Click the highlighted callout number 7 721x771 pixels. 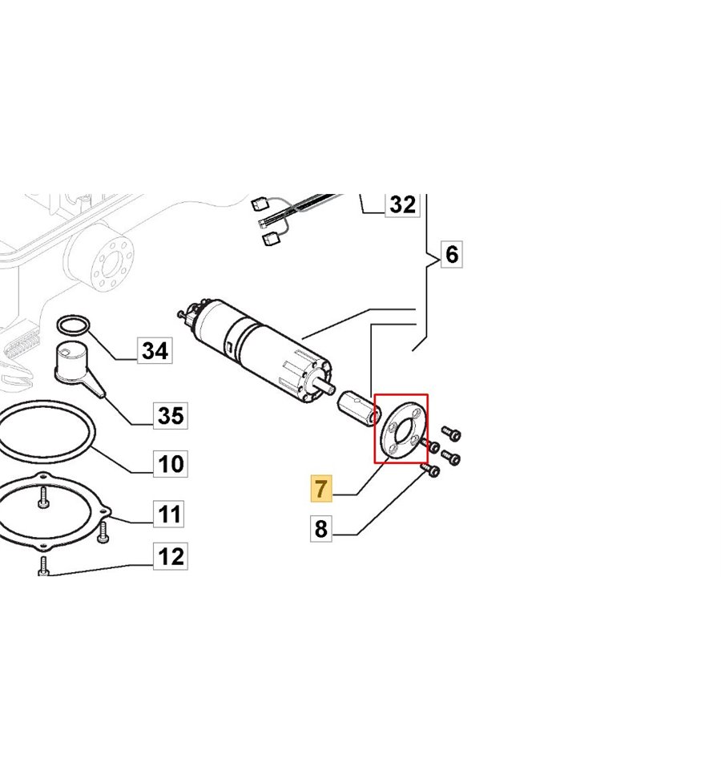(x=321, y=488)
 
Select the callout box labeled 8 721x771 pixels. (x=321, y=529)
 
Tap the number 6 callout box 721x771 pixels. (x=452, y=254)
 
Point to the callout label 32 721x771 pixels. (x=402, y=204)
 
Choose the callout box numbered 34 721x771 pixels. (x=155, y=350)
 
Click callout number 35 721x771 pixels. (x=171, y=415)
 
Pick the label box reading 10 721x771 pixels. (x=171, y=464)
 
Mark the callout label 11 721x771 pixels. (x=168, y=514)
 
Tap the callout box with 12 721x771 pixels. (x=171, y=557)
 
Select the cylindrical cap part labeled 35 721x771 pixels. (x=74, y=364)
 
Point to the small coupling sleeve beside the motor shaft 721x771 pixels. (x=356, y=407)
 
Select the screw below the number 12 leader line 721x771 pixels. (x=43, y=566)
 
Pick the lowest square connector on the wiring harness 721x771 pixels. (x=270, y=240)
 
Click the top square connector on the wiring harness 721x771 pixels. (x=259, y=203)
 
